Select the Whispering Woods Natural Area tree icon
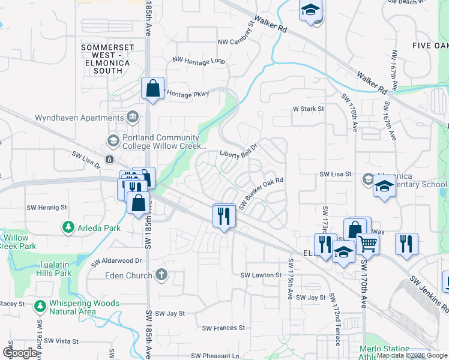point(40,307)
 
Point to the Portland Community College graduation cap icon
point(113,141)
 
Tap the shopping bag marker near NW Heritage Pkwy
point(153,88)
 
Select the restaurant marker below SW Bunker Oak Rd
point(224,215)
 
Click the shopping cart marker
point(367,244)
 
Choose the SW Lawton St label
point(261,275)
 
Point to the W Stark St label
point(308,109)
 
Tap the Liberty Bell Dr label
point(238,154)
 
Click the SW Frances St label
point(223,328)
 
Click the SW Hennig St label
point(47,208)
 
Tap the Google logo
point(20,353)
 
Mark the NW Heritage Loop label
point(198,61)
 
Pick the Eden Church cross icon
point(161,275)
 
